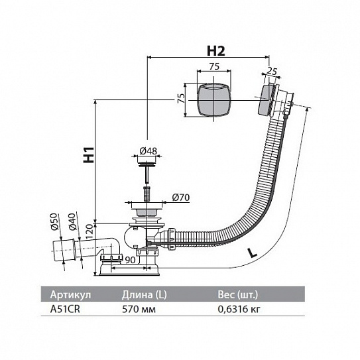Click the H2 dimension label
[216, 51]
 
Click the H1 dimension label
[89, 154]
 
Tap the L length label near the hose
[252, 253]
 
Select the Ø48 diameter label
[149, 151]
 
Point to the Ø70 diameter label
[181, 197]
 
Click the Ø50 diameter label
[54, 221]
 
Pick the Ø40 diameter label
[72, 221]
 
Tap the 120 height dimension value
[90, 231]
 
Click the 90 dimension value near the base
[130, 260]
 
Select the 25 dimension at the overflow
[272, 72]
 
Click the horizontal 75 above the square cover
[214, 66]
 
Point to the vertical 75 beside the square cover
[182, 98]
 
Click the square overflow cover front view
[214, 100]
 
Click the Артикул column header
[70, 295]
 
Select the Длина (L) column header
[144, 295]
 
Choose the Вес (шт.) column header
[238, 295]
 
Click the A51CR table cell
[65, 309]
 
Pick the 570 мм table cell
[139, 309]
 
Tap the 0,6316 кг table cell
[239, 310]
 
